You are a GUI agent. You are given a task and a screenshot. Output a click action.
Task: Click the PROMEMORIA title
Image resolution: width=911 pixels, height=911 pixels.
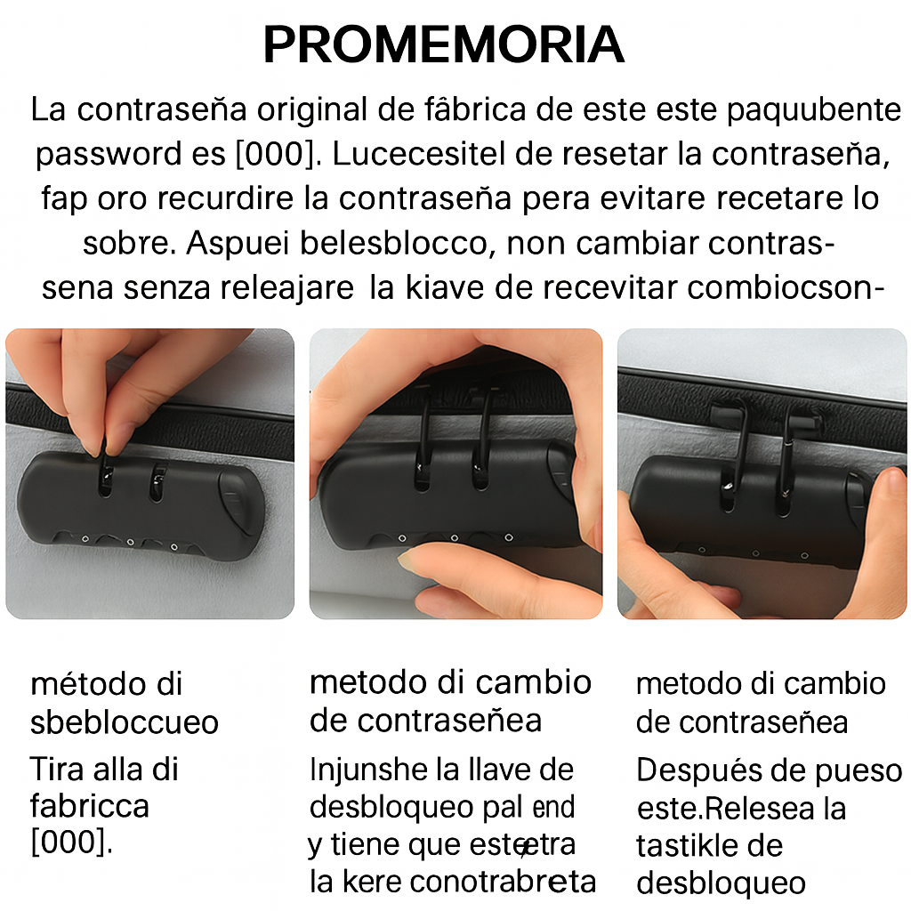coord(444,44)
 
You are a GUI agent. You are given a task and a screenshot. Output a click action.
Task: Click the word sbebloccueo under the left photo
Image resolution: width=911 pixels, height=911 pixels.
coord(125,722)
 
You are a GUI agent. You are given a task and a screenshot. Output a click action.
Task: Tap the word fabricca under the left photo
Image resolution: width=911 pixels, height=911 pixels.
coord(90,806)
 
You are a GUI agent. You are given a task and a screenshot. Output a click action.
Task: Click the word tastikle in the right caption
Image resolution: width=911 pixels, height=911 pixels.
coord(686,846)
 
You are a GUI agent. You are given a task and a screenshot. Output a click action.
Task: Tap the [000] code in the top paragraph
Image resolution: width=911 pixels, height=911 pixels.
coord(276,155)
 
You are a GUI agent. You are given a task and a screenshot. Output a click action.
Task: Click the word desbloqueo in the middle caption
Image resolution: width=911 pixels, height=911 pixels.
coord(391,808)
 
